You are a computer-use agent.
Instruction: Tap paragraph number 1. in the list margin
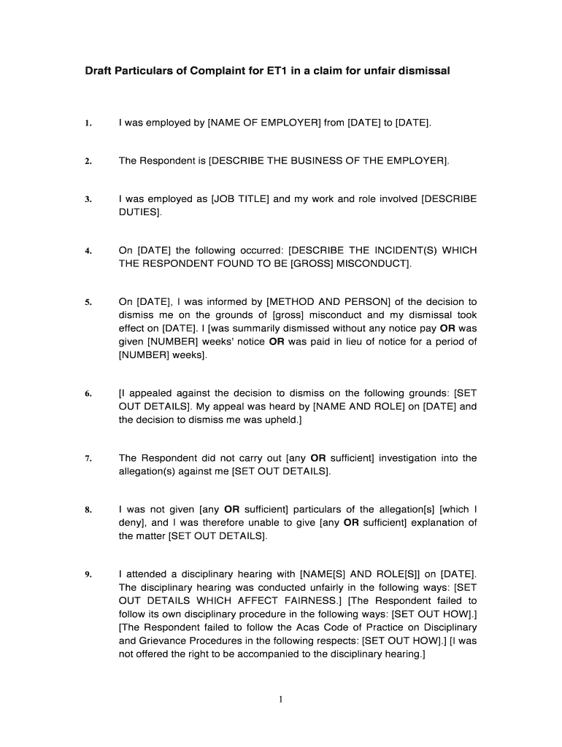click(x=88, y=124)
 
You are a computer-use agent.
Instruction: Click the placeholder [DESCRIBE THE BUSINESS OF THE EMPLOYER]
click(x=329, y=161)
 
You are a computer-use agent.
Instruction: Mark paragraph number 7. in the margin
click(x=88, y=459)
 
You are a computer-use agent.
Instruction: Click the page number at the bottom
click(x=280, y=700)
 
